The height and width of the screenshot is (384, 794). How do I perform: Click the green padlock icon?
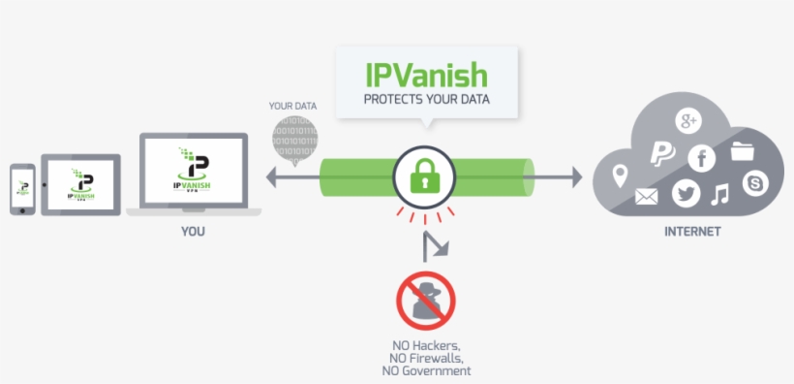tap(423, 177)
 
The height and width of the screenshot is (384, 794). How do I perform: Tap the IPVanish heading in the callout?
tap(426, 75)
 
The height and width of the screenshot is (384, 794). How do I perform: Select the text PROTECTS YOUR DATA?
tap(426, 99)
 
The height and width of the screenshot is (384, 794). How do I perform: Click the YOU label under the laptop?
tap(193, 232)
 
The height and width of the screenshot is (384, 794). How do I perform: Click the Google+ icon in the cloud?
tap(688, 121)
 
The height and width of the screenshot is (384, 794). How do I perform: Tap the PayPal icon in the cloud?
tap(661, 152)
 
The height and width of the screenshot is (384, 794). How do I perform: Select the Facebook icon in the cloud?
tap(701, 158)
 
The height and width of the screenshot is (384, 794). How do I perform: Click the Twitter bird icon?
tap(686, 194)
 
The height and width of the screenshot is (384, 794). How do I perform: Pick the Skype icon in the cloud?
tap(754, 181)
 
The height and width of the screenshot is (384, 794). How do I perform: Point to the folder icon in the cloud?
tap(744, 150)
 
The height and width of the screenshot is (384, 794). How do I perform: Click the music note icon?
tap(719, 195)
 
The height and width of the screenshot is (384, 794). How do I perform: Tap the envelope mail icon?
tap(647, 198)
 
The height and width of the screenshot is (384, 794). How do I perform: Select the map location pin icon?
tap(620, 176)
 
